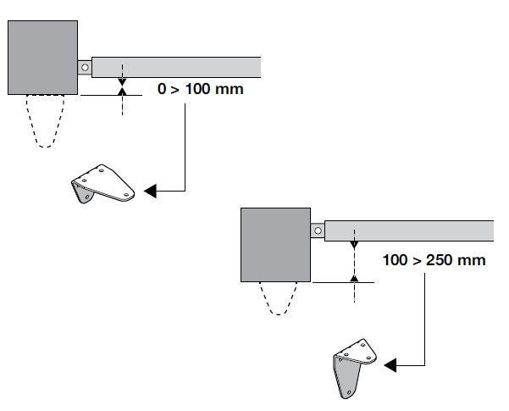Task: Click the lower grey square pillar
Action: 276,247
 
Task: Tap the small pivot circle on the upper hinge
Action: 85,66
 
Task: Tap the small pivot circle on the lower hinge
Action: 317,230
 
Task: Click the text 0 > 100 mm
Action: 201,88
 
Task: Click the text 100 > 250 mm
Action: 434,259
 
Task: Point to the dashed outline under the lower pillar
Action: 277,303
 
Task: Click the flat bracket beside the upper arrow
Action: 102,186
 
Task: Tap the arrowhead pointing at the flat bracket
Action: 150,192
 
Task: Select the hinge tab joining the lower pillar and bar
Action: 318,230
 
